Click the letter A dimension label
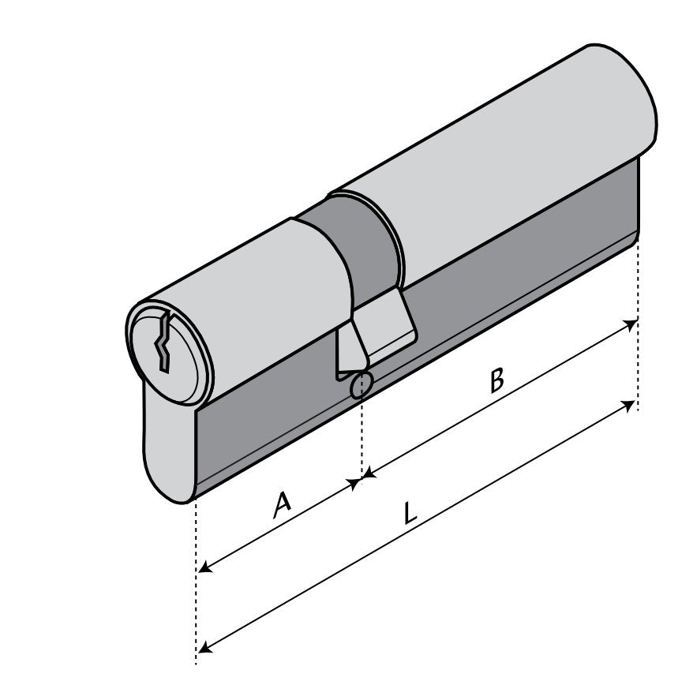click(281, 504)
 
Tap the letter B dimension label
click(496, 380)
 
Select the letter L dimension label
click(408, 514)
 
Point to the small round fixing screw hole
click(361, 384)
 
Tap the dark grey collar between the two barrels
click(355, 237)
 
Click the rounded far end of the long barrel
click(631, 103)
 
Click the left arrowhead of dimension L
click(204, 649)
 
